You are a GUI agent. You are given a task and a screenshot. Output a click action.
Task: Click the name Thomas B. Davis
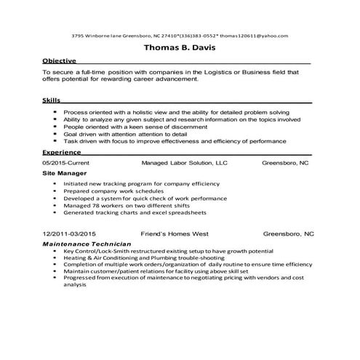coord(180,49)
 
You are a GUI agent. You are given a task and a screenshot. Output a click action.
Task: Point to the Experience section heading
coord(61,153)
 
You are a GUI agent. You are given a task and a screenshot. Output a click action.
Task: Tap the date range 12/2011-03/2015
coord(70,233)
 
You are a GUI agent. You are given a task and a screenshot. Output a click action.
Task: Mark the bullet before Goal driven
coord(55,135)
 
